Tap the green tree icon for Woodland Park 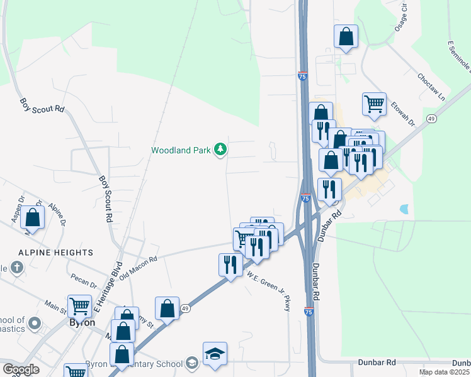tap(220, 149)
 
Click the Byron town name tap(81, 322)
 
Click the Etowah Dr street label tap(403, 113)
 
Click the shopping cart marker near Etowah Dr tap(374, 104)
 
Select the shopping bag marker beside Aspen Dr tap(33, 217)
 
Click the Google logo tap(21, 369)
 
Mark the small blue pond tap(404, 208)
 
